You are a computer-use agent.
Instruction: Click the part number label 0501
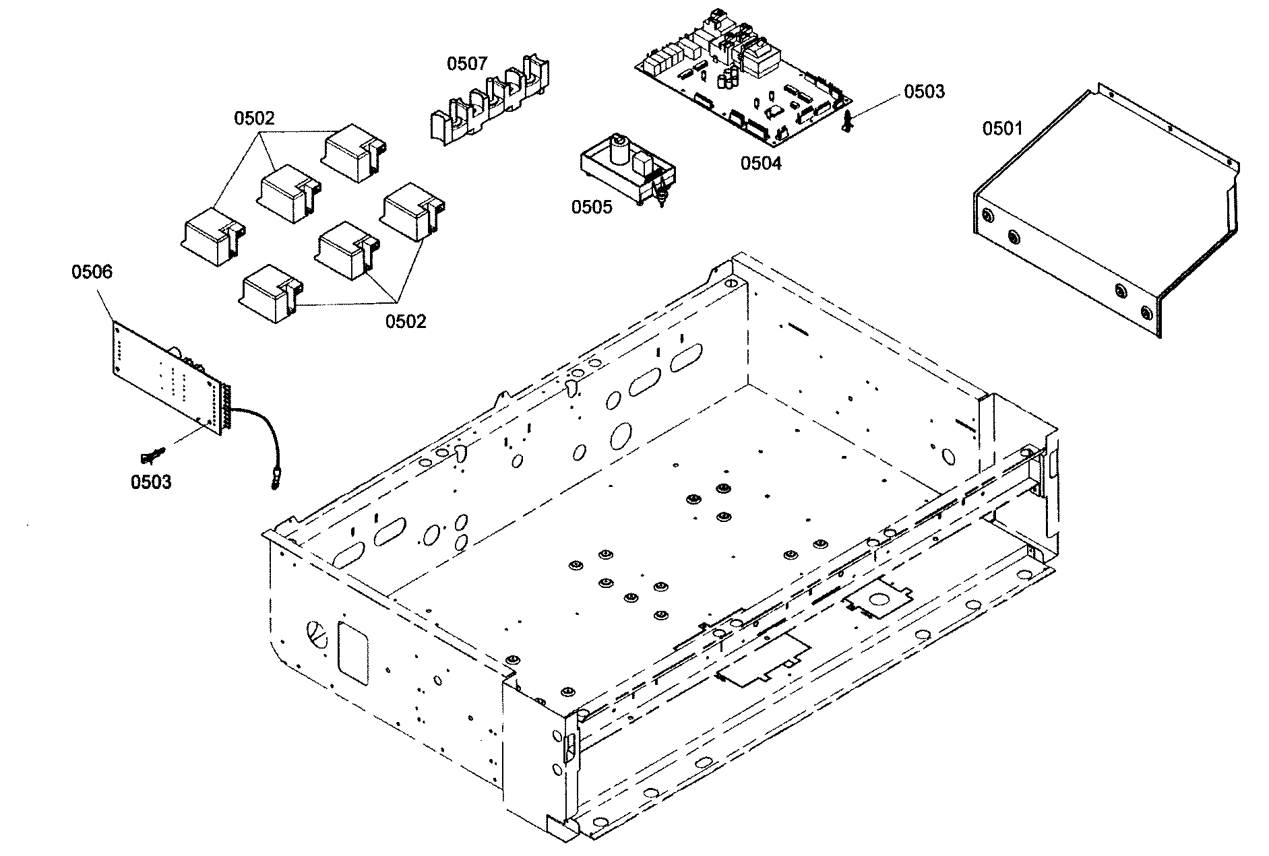point(1001,129)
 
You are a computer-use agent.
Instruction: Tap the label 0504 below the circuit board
point(761,163)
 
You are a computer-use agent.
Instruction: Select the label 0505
point(592,207)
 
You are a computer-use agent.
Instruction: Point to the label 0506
point(92,272)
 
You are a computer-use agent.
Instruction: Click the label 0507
point(467,64)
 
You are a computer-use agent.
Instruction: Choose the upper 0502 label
point(254,119)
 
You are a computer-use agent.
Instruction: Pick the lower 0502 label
point(406,321)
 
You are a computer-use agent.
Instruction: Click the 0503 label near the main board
point(924,92)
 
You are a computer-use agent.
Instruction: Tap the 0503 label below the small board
point(151,482)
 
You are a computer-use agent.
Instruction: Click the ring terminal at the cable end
point(274,482)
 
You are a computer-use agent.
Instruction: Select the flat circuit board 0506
point(168,377)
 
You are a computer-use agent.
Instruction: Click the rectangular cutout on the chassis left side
point(352,653)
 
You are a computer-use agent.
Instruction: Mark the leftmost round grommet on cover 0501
point(987,216)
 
